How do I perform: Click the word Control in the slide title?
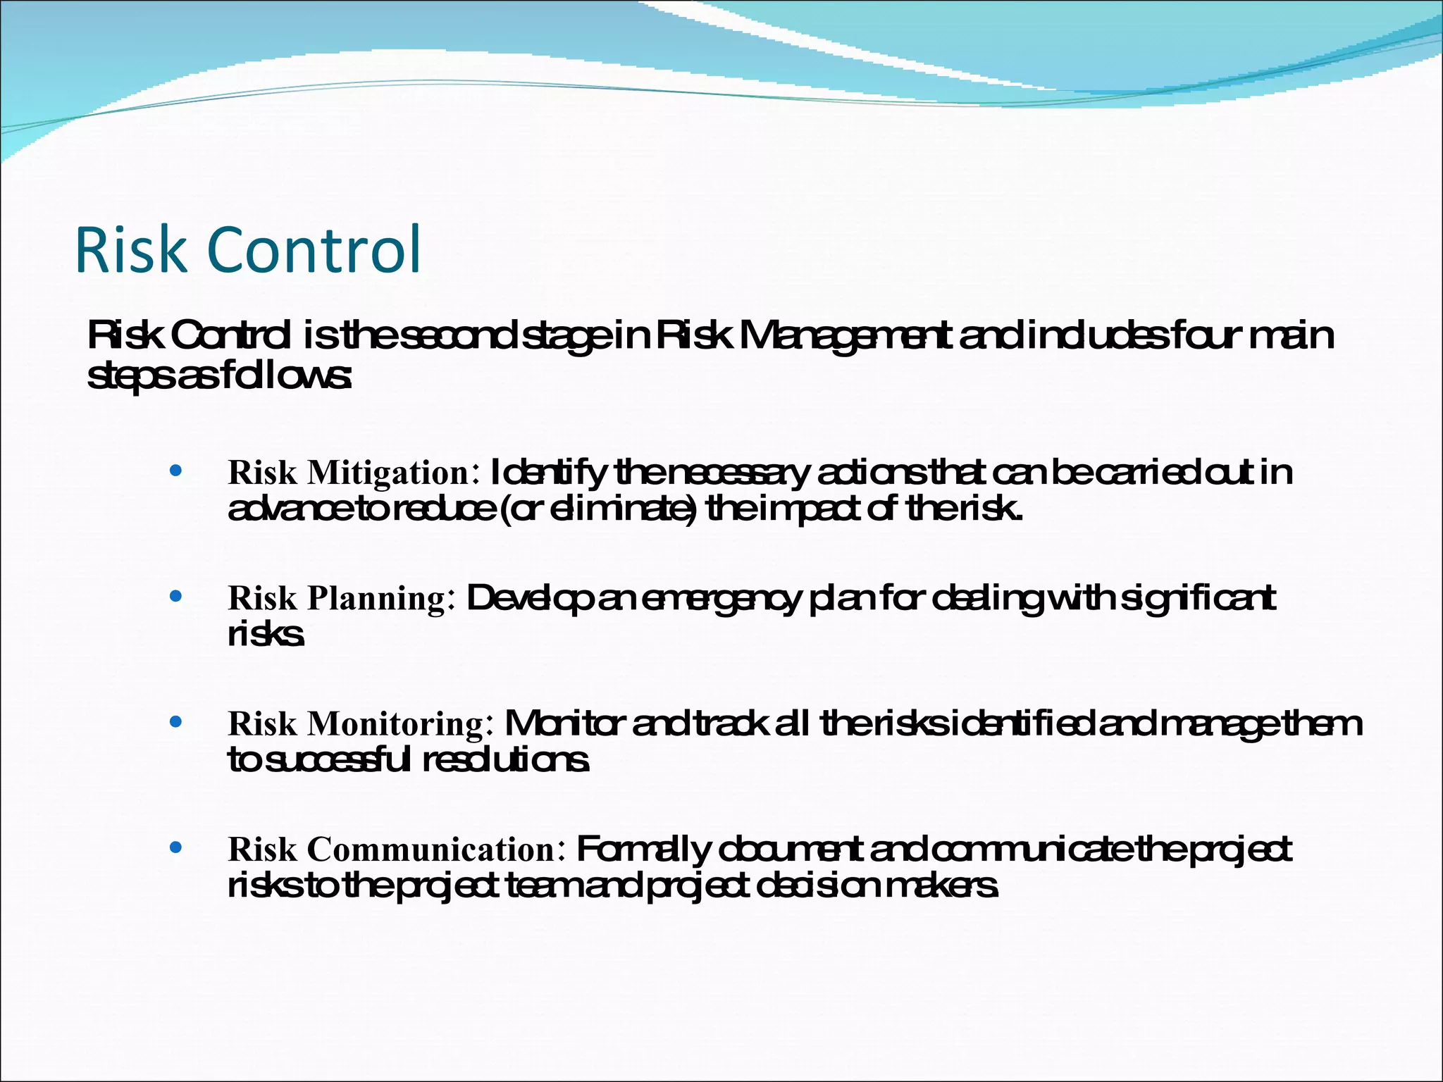[x=314, y=249]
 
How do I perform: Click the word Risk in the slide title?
[x=130, y=249]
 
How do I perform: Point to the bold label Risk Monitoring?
[x=356, y=723]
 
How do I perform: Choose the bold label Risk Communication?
[x=392, y=849]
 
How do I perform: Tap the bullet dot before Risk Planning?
[x=176, y=596]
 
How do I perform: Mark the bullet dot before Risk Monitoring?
[x=176, y=721]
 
